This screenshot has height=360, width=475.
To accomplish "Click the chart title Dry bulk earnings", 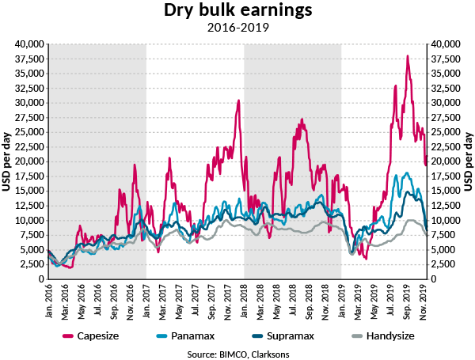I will [x=237, y=11].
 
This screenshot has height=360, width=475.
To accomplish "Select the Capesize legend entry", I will [x=98, y=335].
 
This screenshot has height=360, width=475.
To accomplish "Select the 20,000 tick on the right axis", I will [x=446, y=161].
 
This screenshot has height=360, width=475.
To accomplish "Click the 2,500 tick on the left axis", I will [x=32, y=264].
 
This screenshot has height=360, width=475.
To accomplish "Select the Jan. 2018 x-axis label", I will [x=244, y=300].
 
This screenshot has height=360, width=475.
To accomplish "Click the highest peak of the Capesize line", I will [x=407, y=55].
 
